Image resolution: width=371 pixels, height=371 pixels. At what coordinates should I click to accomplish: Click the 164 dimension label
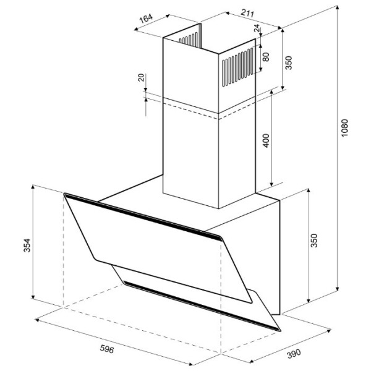pos(146,19)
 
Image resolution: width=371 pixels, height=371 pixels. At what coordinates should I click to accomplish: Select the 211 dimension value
pos(247,13)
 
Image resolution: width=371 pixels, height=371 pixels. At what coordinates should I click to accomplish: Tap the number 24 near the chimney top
pos(257,28)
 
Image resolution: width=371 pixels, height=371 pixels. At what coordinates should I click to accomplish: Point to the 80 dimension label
pos(266,57)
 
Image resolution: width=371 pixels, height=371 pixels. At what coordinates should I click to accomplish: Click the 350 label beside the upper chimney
pos(288,62)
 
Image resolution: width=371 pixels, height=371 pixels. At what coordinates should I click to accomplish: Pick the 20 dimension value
pos(141,78)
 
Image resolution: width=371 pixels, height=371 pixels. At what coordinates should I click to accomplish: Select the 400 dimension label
pos(266,140)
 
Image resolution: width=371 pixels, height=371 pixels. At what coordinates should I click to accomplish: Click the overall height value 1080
pos(345,128)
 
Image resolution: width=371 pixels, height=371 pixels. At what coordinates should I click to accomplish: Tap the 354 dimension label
pos(27,245)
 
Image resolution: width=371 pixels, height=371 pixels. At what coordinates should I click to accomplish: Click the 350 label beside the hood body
pos(313,241)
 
